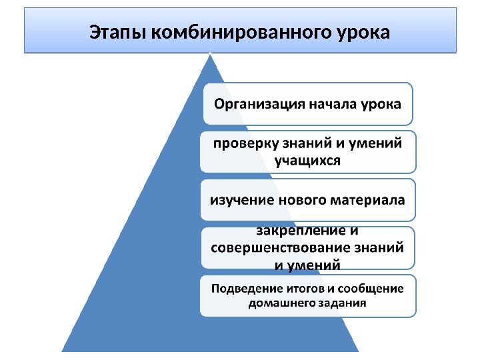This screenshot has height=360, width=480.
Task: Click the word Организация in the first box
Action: pyautogui.click(x=259, y=104)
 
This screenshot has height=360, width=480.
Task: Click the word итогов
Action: pyautogui.click(x=301, y=289)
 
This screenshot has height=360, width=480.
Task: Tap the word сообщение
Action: pyautogui.click(x=371, y=289)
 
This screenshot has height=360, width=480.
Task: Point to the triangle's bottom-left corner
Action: pyautogui.click(x=63, y=351)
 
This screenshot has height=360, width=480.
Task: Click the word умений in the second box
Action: pyautogui.click(x=377, y=143)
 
